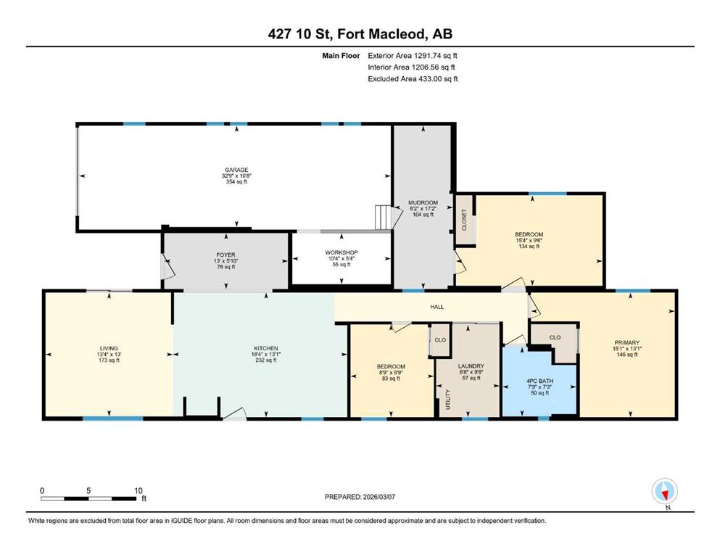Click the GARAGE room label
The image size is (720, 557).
(236, 170)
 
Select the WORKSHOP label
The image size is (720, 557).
(342, 252)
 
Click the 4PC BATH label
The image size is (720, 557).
(539, 381)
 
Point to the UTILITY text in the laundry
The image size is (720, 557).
(448, 400)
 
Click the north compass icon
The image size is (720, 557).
(664, 491)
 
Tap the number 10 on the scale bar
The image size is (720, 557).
(138, 490)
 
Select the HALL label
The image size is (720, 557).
(437, 307)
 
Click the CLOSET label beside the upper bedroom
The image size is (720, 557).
(464, 220)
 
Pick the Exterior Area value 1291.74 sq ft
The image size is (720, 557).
(435, 56)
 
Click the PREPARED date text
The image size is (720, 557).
(360, 497)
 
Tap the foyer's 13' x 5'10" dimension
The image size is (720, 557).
(226, 261)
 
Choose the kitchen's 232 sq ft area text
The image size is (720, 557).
(266, 360)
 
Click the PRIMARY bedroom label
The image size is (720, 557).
(626, 342)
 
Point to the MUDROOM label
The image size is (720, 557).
(423, 202)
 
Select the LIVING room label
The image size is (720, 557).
(109, 349)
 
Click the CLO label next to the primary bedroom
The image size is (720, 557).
(555, 337)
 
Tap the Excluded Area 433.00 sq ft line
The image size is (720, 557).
(413, 78)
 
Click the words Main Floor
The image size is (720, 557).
(341, 56)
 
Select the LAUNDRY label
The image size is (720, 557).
(471, 366)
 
